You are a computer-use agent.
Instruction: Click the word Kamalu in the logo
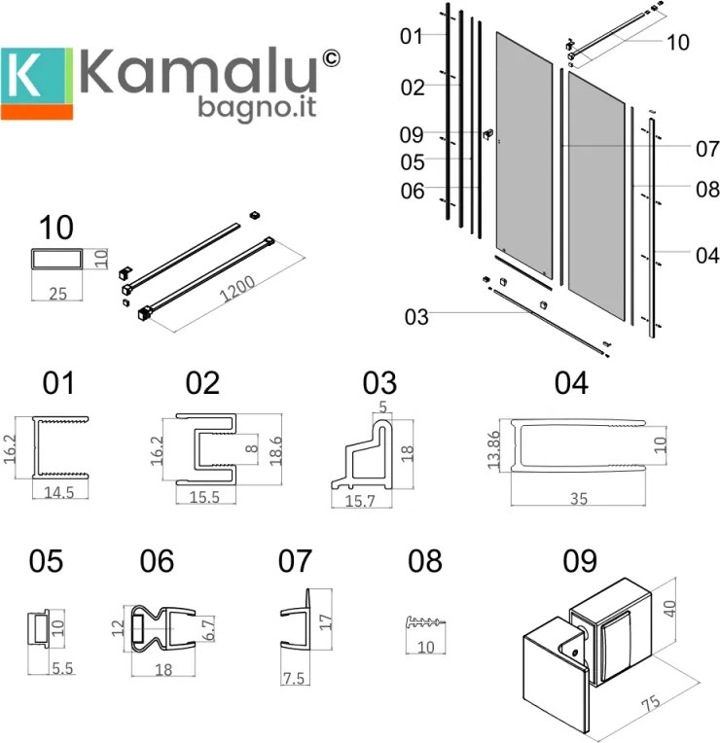[x=199, y=74]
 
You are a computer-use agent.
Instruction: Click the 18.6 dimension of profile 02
[x=276, y=451]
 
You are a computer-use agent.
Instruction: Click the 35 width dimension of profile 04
[x=577, y=499]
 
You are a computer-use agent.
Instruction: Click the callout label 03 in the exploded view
[x=415, y=317]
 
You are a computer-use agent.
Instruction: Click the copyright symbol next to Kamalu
[x=331, y=58]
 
